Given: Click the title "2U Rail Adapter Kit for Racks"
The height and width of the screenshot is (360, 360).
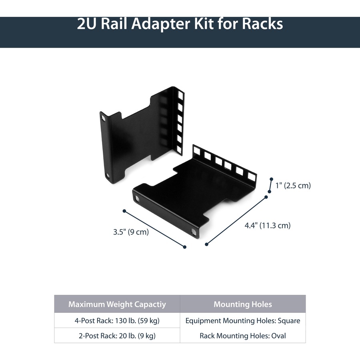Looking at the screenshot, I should click(x=180, y=24).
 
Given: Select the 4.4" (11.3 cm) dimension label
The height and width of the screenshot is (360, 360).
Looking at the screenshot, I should click(x=268, y=226).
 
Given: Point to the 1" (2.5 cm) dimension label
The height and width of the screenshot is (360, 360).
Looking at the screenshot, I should click(x=293, y=186).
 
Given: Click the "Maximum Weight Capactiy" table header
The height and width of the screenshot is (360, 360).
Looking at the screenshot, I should click(x=117, y=304).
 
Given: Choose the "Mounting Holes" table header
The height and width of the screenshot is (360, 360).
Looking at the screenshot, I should click(x=242, y=304).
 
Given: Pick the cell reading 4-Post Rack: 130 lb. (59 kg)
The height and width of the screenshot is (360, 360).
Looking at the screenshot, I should click(x=117, y=321).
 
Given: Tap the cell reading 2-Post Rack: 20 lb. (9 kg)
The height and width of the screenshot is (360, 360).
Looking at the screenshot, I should click(x=117, y=336).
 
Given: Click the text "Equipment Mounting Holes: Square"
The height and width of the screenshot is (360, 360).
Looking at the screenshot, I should click(x=242, y=321).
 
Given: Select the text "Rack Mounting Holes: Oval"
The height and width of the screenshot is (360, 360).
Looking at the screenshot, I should click(x=242, y=336).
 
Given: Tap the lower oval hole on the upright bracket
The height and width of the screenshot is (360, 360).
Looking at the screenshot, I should click(x=108, y=176).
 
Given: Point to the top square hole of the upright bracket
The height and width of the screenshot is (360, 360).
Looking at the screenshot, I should click(x=181, y=96).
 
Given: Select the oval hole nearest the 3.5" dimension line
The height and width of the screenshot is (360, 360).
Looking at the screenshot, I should click(x=138, y=198).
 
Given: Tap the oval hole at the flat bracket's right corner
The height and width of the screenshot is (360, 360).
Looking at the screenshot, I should click(x=194, y=232).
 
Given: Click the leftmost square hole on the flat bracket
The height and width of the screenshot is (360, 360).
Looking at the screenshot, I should click(x=197, y=151).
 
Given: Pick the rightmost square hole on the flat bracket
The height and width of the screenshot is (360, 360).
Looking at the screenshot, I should click(x=251, y=176).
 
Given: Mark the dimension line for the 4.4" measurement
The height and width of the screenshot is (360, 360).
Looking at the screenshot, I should click(x=236, y=220).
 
